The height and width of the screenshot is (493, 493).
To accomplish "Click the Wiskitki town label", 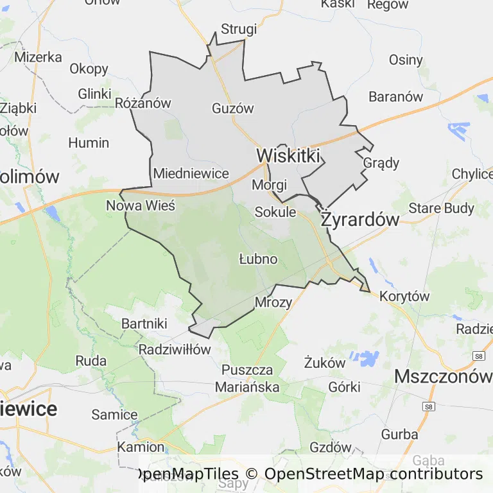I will coord(288,155).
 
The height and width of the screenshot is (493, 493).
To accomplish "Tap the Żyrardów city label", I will coord(360,220).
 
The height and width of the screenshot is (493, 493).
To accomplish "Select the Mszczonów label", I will coord(442,376).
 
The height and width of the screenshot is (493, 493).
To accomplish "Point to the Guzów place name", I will coord(233,108).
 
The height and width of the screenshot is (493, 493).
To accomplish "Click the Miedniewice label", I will coord(191,173).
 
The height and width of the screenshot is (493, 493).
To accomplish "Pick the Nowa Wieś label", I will coord(141,206).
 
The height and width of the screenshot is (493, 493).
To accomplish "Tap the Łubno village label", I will coord(258,259).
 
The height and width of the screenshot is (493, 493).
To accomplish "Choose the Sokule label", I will coord(275,212).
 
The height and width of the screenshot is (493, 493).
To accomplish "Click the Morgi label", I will coord(269,185).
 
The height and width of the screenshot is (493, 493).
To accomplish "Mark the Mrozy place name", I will coord(273,302).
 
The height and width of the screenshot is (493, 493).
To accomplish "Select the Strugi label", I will coord(239,30).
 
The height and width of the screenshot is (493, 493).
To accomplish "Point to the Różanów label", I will coord(143,103).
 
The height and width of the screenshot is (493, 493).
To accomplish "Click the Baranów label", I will coord(396,97).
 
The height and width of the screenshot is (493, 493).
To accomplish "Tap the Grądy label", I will coord(381,162).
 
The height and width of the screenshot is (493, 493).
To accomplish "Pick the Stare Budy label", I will coord(442,208).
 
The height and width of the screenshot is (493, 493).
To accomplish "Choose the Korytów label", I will coord(404,297).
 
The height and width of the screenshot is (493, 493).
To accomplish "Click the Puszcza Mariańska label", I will coord(247,379).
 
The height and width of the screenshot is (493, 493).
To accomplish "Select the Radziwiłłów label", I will coord(175,350).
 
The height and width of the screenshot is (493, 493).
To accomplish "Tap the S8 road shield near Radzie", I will coord(478,356).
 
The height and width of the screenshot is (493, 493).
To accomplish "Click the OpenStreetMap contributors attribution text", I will coord(374,474).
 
